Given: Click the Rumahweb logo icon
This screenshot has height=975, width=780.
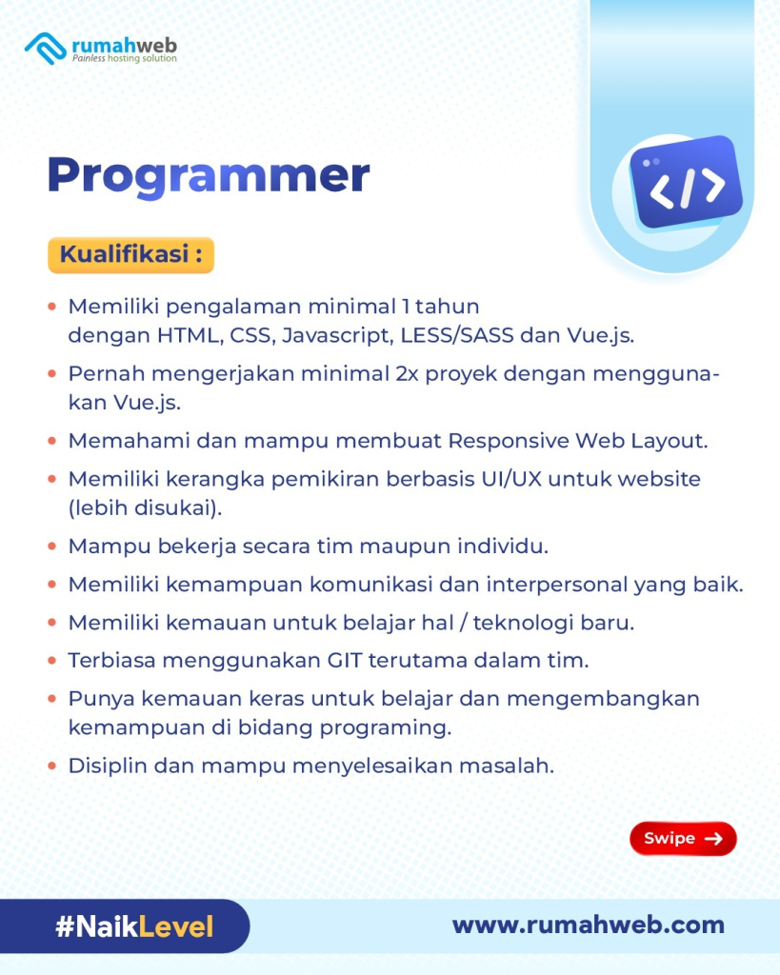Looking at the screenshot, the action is point(46,48).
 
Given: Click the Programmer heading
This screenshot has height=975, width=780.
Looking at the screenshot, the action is point(209,176).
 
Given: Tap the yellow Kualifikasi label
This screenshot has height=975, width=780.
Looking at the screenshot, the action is point(131,255).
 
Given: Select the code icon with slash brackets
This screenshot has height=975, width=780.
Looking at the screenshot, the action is point(686,182).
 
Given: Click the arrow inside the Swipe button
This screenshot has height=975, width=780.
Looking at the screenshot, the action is point(713,839).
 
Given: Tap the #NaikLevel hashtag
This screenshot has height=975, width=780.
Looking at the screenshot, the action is point(134,926).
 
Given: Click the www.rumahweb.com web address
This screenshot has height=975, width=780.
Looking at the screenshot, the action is point(589,925).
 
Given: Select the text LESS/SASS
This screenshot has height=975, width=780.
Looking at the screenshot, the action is point(457,336).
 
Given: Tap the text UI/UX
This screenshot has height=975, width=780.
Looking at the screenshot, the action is point(511,479).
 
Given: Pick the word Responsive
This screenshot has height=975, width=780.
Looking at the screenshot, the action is point(509,442).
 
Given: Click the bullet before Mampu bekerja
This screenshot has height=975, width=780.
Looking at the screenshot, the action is point(52,547).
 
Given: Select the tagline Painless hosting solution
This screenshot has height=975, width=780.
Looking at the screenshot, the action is point(125,58).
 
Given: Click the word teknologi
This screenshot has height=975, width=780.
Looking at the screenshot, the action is point(523,623).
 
